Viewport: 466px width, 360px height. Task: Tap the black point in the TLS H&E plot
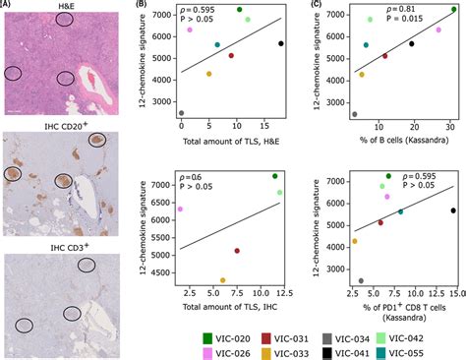pyautogui.click(x=281, y=44)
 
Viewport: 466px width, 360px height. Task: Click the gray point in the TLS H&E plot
pyautogui.click(x=182, y=113)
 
